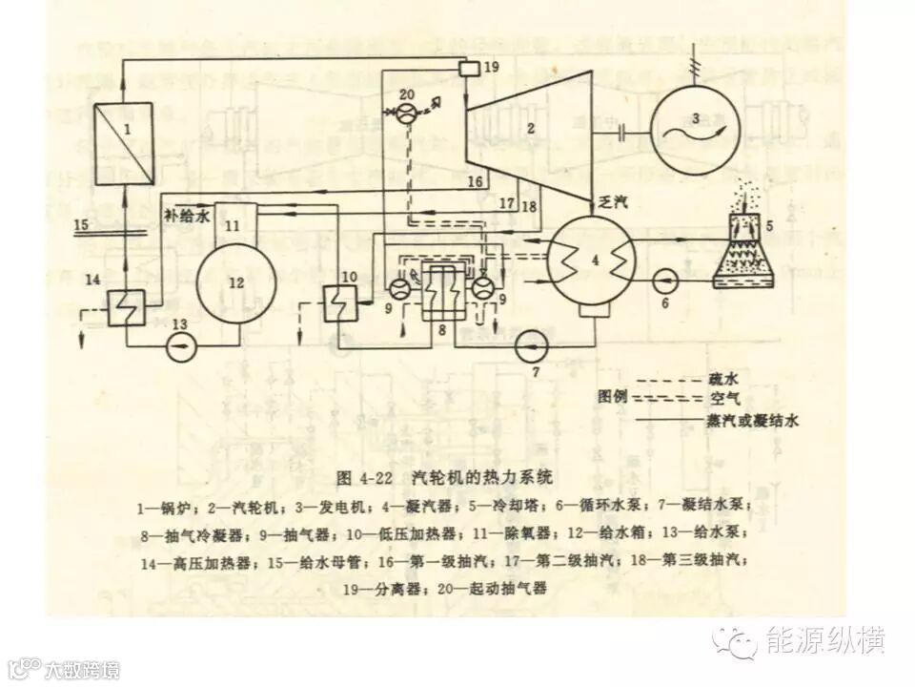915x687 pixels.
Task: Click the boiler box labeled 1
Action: pos(124,142)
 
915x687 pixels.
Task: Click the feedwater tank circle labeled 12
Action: pos(236,281)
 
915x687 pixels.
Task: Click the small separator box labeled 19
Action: pos(468,68)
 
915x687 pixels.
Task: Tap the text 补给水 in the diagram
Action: pos(187,217)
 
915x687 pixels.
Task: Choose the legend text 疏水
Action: pos(723,379)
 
